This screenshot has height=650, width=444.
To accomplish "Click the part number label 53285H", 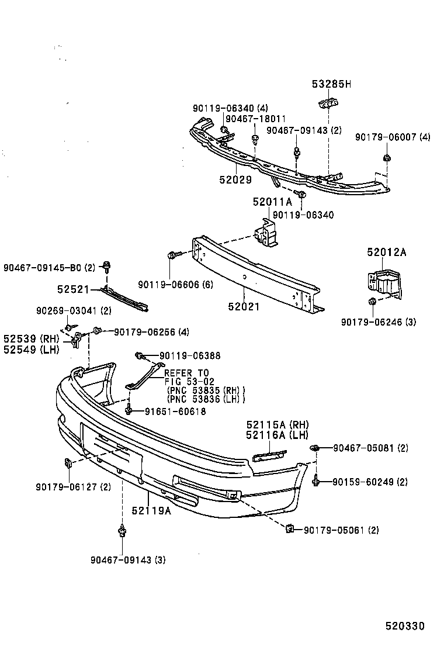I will [330, 84].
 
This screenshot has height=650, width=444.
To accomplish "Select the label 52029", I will [235, 180].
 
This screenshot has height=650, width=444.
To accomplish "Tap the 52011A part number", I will [271, 202].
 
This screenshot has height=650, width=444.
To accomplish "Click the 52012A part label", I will [386, 253].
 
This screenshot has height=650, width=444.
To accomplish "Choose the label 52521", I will [73, 289].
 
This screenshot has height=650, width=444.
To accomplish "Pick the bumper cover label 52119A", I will [151, 510].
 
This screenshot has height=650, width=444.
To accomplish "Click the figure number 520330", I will [404, 626].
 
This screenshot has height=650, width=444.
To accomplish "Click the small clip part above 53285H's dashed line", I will [328, 104].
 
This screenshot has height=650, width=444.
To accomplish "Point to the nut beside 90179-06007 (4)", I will [387, 157].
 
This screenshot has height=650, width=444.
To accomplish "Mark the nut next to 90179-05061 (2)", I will [289, 529].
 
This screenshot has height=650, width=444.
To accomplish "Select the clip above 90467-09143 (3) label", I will [122, 530].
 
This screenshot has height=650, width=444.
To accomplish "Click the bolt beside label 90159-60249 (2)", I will [316, 481].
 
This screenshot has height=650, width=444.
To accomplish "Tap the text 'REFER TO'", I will [186, 373].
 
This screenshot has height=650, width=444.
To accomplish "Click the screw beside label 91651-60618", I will [128, 411].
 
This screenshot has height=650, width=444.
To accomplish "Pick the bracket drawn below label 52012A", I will [383, 283].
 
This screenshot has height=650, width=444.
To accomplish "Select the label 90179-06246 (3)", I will [379, 321].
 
